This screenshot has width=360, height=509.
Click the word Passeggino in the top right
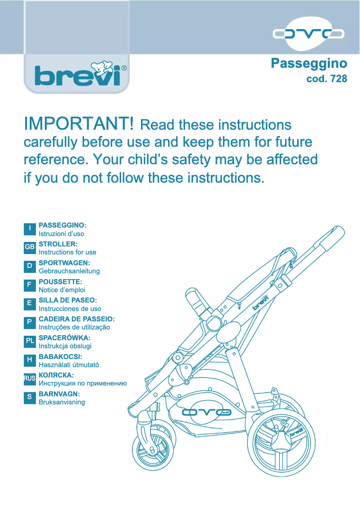pyautogui.click(x=309, y=63)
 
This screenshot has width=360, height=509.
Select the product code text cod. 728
pyautogui.click(x=326, y=79)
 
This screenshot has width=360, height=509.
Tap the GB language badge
pyautogui.click(x=30, y=247)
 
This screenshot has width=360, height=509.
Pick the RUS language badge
pyautogui.click(x=30, y=378)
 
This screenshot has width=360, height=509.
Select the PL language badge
pyautogui.click(x=30, y=341)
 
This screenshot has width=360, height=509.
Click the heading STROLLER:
pyautogui.click(x=58, y=244)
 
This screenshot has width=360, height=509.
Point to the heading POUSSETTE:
pyautogui.click(x=61, y=281)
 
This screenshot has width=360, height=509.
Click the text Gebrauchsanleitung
pyautogui.click(x=69, y=271)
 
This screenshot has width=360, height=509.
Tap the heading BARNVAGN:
pyautogui.click(x=59, y=393)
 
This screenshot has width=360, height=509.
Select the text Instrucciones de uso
pyautogui.click(x=70, y=309)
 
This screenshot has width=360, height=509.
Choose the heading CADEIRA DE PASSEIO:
pyautogui.click(x=77, y=319)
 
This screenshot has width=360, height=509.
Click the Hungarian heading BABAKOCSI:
pyautogui.click(x=61, y=356)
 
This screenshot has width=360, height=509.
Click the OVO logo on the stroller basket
pyautogui.click(x=206, y=412)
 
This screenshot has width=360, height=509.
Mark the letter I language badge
pyautogui.click(x=30, y=228)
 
